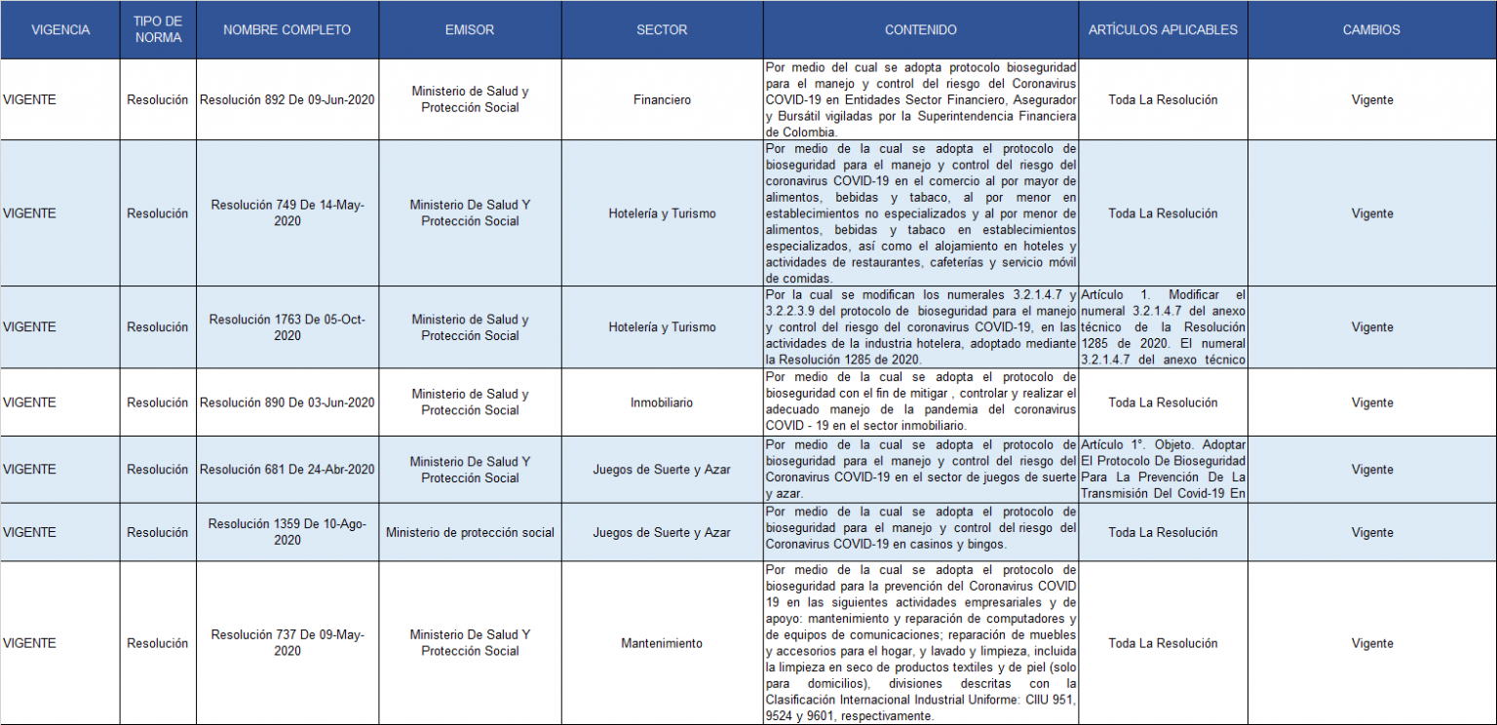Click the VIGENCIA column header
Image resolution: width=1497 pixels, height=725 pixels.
tap(60, 29)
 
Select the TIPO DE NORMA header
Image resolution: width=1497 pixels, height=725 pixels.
tap(157, 29)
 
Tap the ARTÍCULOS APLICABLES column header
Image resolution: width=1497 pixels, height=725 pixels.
tap(1163, 29)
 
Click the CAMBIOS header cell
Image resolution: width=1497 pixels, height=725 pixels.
tap(1371, 29)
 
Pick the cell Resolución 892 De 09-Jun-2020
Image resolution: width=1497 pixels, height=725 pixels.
tap(288, 99)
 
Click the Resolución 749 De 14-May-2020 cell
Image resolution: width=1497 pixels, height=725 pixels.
tap(288, 213)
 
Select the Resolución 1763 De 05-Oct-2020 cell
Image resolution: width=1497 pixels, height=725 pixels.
tap(288, 327)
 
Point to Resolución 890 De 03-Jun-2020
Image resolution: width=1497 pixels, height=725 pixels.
tap(288, 402)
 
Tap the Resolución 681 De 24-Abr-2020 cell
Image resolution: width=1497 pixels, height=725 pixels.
tap(288, 470)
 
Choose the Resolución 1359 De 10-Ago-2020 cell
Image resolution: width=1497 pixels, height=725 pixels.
tap(288, 532)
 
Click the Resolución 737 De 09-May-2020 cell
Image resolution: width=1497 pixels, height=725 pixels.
tap(288, 643)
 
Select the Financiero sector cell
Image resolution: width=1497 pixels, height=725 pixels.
tap(662, 99)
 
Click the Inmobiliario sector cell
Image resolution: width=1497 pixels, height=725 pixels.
tap(662, 402)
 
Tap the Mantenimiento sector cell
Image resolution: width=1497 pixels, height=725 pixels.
tap(662, 643)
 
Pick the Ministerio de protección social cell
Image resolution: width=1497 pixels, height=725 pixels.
tap(470, 532)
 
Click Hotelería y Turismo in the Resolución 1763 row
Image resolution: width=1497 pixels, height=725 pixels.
tap(662, 327)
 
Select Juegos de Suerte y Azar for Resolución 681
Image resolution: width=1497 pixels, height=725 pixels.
tap(662, 470)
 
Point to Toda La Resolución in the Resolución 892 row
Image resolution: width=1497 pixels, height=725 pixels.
tap(1163, 99)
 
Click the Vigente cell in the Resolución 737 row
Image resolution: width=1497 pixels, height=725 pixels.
tap(1372, 643)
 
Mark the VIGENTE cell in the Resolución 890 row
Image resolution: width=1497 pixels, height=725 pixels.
tap(30, 402)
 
